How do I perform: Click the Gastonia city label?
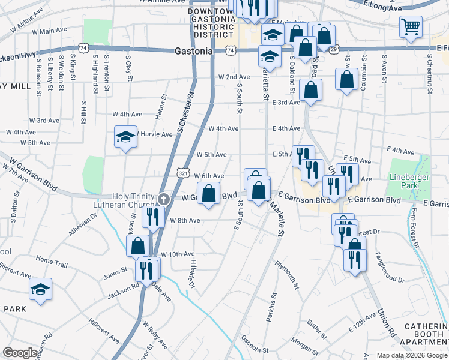click(x=194, y=52)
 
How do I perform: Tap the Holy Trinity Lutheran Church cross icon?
click(x=164, y=198)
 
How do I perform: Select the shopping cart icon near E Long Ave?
click(x=411, y=26)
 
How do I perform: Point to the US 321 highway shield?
click(x=182, y=173)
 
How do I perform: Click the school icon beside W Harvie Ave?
click(x=125, y=137)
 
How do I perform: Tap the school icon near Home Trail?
click(x=41, y=289)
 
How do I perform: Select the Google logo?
click(x=20, y=353)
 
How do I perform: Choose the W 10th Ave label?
click(x=177, y=254)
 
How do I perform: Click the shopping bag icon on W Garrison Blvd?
click(x=208, y=194)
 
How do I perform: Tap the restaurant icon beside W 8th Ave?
click(x=153, y=217)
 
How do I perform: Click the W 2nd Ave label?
click(x=234, y=77)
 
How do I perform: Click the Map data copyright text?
click(x=412, y=355)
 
